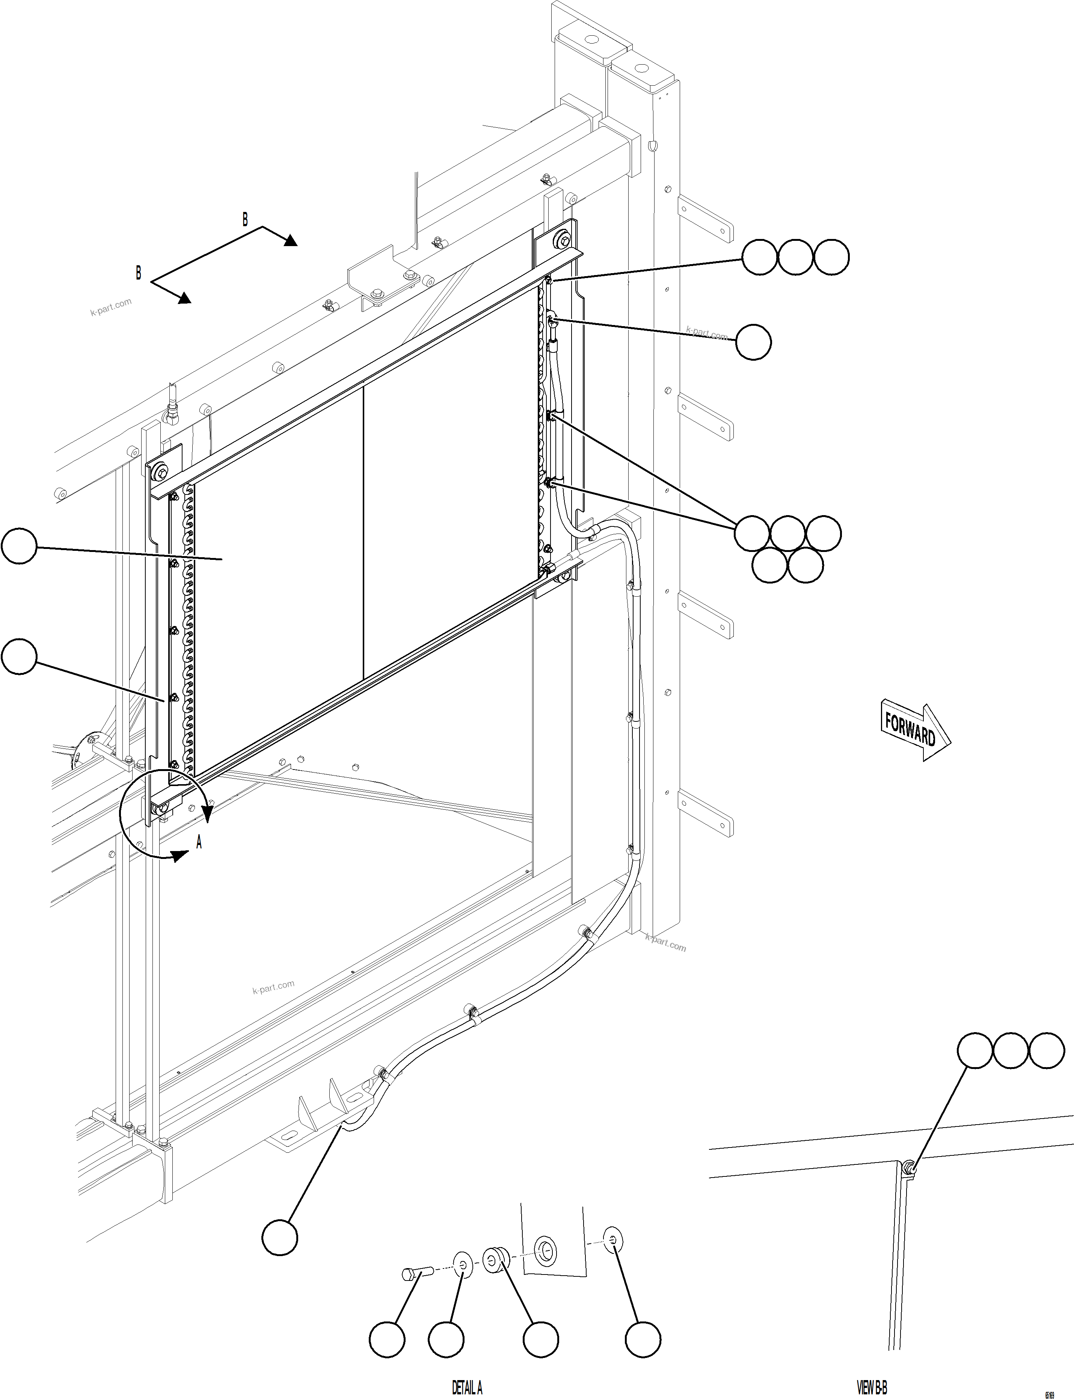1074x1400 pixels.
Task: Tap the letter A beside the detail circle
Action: click(x=199, y=843)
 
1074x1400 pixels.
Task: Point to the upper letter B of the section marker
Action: click(x=245, y=219)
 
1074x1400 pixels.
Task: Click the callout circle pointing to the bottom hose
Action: click(x=279, y=1238)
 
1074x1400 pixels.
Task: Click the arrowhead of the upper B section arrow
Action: click(x=291, y=240)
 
